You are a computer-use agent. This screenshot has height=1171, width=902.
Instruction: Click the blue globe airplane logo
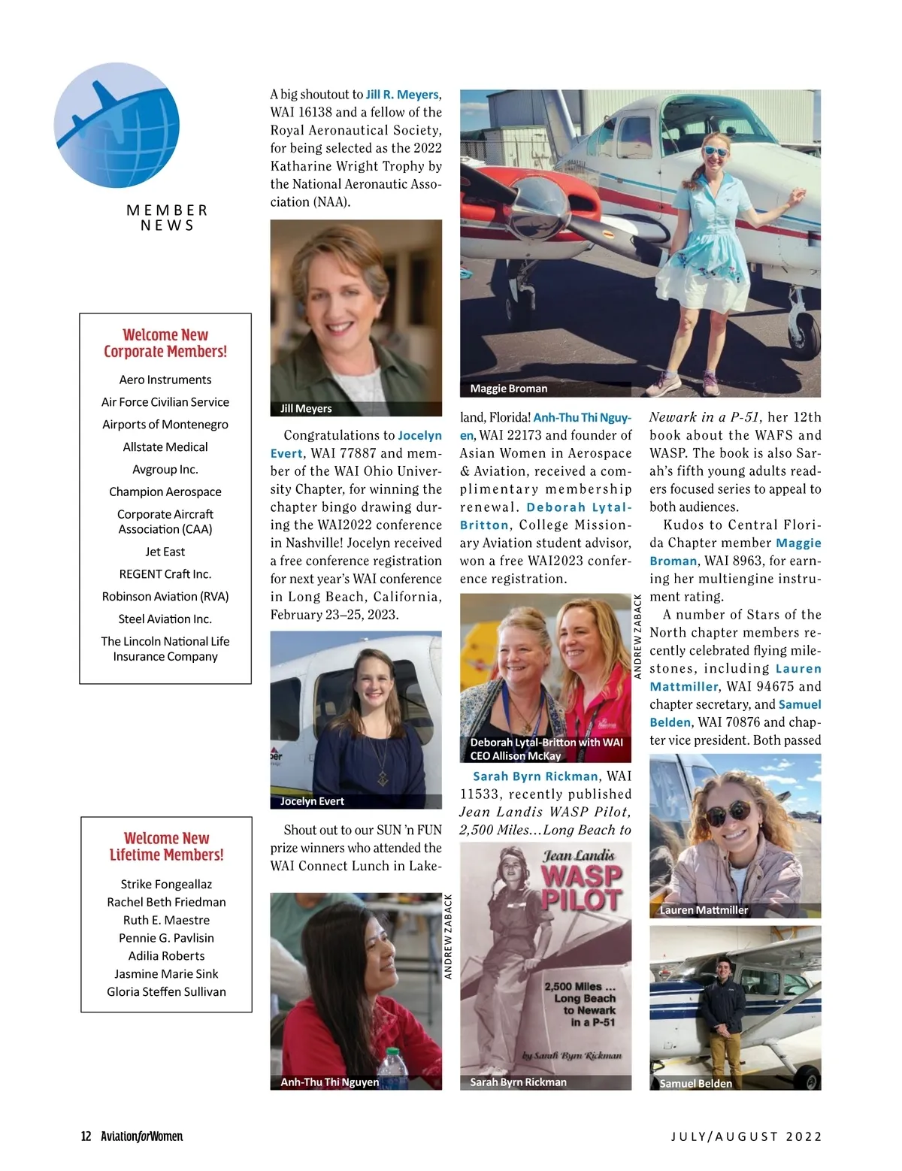tap(117, 125)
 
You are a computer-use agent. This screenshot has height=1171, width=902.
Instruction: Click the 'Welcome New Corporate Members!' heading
tap(165, 343)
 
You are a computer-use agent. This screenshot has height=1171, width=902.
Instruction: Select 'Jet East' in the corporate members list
tap(165, 552)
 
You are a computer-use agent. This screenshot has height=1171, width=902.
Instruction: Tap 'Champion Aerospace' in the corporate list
tap(165, 492)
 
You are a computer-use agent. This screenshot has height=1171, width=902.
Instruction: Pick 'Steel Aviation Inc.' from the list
tap(165, 619)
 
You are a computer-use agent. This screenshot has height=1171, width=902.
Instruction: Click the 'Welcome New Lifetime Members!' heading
tap(166, 846)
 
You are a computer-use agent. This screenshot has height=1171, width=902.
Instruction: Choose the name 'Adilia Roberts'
tap(166, 956)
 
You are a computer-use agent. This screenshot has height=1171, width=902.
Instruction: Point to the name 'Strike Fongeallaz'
tap(166, 885)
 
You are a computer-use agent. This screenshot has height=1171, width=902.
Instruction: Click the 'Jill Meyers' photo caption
tap(306, 409)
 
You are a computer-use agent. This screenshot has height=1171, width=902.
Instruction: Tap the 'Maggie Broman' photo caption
tap(508, 389)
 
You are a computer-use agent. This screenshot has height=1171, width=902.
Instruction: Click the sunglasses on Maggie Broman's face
tap(716, 151)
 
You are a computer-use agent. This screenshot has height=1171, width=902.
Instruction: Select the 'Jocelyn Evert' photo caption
tap(312, 801)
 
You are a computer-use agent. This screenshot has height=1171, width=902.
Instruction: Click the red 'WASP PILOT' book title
tap(582, 888)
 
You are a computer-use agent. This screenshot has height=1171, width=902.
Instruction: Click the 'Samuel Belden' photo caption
tap(695, 1084)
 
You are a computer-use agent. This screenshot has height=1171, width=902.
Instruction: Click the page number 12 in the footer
tap(86, 1136)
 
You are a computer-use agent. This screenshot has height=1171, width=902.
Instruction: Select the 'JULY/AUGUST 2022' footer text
tap(746, 1136)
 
